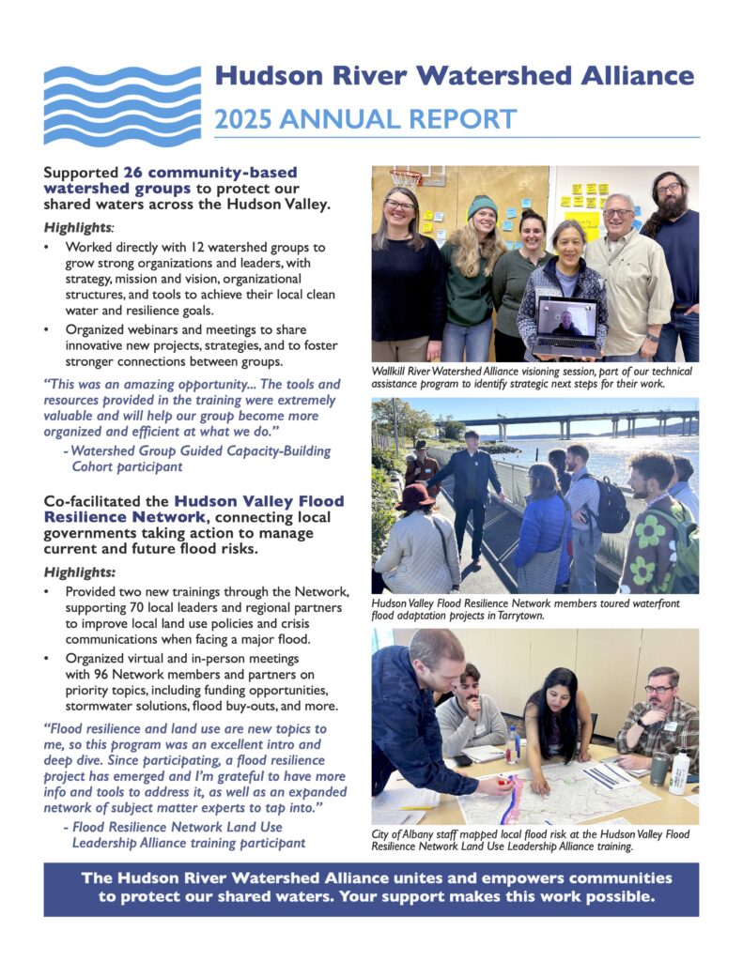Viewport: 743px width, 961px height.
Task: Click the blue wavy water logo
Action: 122,105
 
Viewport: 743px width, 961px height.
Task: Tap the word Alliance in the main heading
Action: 631,76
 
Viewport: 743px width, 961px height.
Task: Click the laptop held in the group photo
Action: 566,325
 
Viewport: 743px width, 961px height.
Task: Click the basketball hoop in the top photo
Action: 406,176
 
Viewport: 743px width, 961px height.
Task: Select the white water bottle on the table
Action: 679,772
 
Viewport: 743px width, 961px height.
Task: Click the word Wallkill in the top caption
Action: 393,372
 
